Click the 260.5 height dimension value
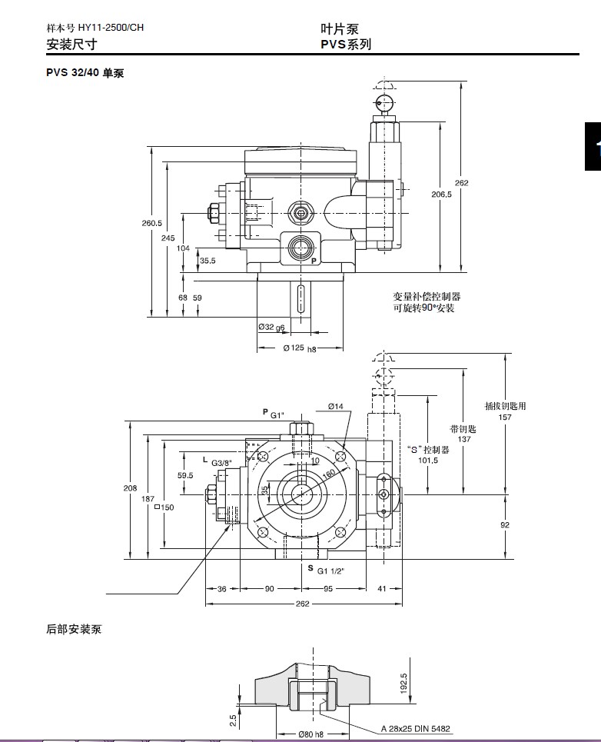[x=151, y=224]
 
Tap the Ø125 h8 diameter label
[x=300, y=348]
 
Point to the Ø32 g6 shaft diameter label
[x=271, y=327]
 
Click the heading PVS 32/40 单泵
[x=85, y=73]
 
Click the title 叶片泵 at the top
[x=340, y=28]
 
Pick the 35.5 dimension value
[x=208, y=261]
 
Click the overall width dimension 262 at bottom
[x=302, y=604]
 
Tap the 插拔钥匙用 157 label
[x=505, y=411]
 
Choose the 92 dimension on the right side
[x=505, y=525]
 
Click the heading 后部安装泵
[x=74, y=630]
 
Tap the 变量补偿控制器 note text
[x=427, y=297]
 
